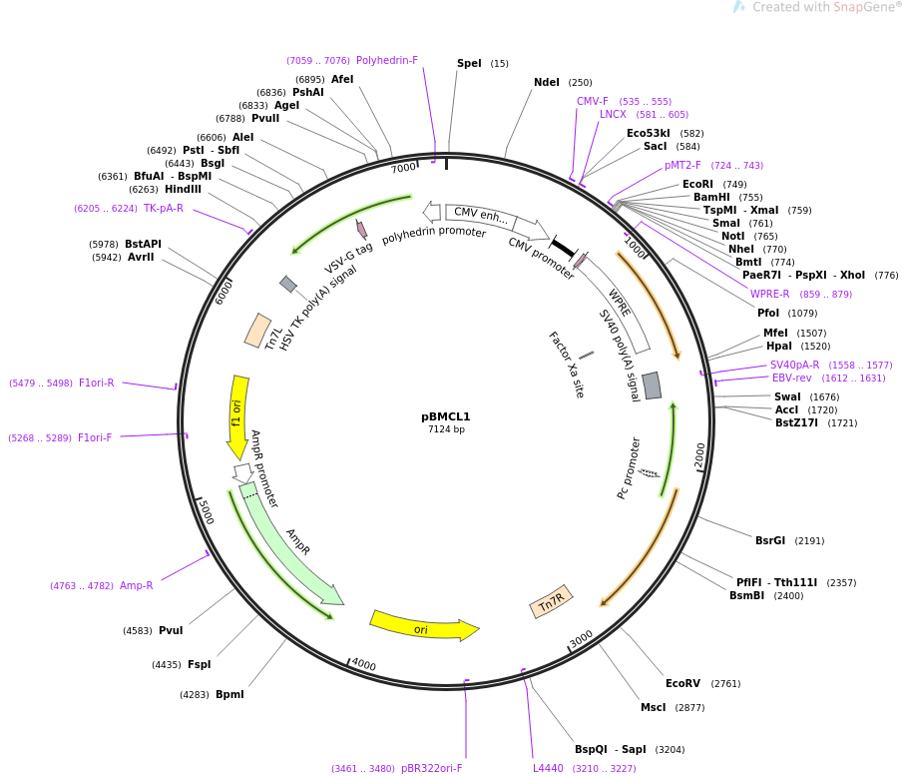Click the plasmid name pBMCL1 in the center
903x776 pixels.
tap(445, 416)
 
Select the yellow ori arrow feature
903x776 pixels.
tap(423, 627)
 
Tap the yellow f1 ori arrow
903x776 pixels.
tap(237, 415)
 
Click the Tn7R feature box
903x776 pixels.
tap(551, 601)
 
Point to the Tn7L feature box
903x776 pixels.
tap(257, 331)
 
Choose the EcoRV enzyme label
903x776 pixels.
tap(682, 683)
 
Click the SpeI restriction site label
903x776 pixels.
tap(469, 64)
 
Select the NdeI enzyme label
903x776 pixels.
tap(547, 83)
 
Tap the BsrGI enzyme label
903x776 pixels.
tap(769, 540)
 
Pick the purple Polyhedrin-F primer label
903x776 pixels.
tap(387, 60)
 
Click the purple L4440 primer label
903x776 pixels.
tap(548, 768)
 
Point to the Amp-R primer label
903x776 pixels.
tap(136, 585)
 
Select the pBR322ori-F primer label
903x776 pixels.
tap(432, 768)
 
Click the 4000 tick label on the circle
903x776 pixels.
tap(363, 664)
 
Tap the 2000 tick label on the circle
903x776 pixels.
tap(700, 454)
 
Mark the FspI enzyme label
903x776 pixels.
tap(199, 664)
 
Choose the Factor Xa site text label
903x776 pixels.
tap(566, 365)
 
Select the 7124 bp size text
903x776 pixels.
tap(446, 429)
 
